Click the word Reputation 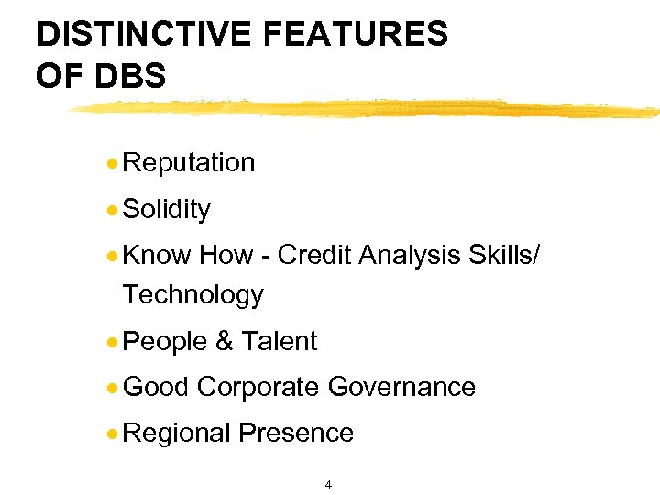coord(188,163)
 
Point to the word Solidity coord(166,210)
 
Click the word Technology coord(192,295)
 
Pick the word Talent coord(279,342)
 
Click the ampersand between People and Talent coord(224,342)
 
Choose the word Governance coord(401,388)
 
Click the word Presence coord(297,433)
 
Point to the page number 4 coord(328,484)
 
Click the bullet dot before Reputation coord(111,163)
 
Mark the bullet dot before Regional coord(111,433)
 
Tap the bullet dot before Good coord(111,388)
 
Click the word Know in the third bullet coord(157,256)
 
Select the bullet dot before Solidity coord(111,210)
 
